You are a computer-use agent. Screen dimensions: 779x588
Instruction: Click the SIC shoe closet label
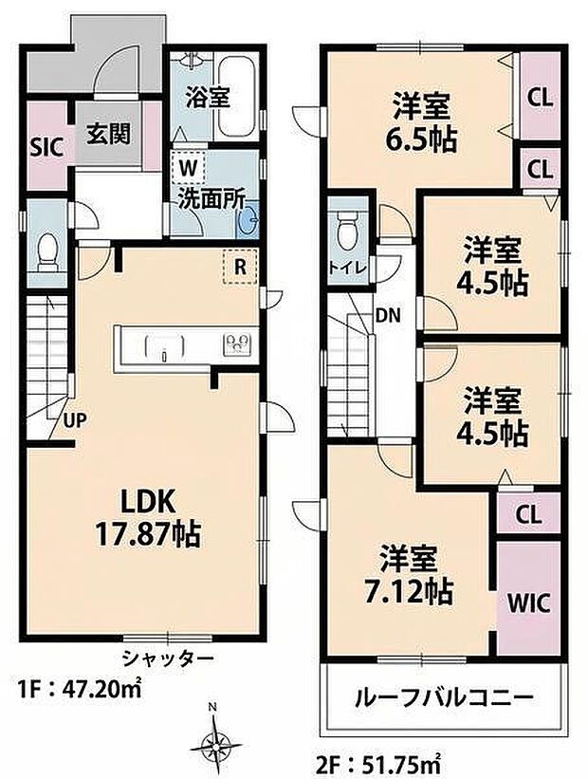tap(46, 147)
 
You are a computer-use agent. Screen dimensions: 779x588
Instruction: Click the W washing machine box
tap(189, 167)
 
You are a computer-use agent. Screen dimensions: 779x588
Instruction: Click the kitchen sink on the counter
tap(165, 348)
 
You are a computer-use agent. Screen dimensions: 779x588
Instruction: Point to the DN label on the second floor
tap(387, 314)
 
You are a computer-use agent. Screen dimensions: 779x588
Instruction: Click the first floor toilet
tap(46, 250)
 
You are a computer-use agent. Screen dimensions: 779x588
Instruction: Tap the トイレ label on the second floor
tap(344, 268)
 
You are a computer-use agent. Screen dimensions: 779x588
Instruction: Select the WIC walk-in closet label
tap(527, 603)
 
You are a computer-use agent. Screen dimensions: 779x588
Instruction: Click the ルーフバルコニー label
tap(443, 697)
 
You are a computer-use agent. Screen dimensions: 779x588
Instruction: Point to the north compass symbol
tap(218, 738)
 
